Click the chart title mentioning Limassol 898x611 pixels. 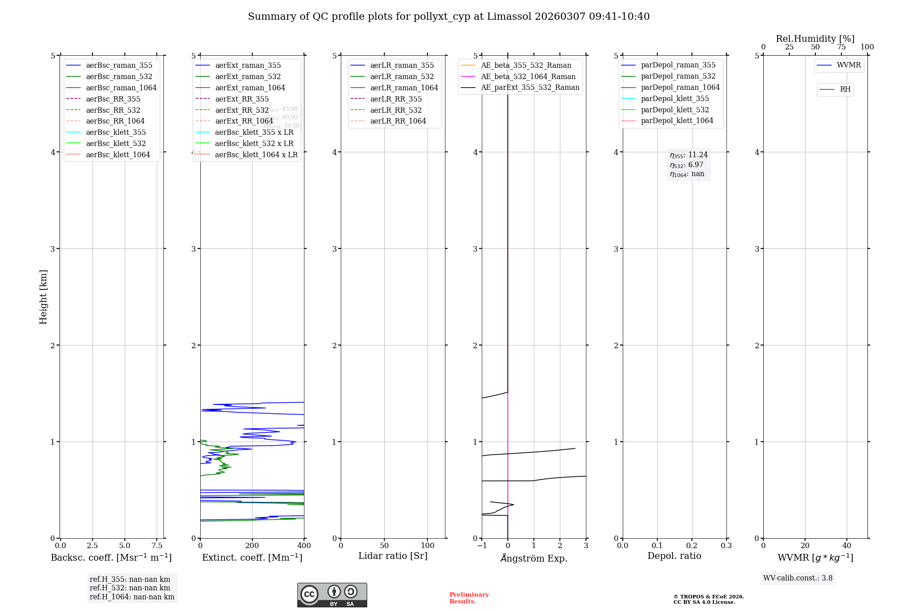pos(449,17)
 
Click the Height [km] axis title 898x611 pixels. pos(43,297)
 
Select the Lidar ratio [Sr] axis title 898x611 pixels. pos(393,556)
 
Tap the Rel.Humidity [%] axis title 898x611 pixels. pos(815,39)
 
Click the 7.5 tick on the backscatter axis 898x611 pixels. pos(157,546)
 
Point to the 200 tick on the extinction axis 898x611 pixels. pos(252,546)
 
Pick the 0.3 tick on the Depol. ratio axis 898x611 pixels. pos(726,546)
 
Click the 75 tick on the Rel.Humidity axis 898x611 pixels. pos(841,47)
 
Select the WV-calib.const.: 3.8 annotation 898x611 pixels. pos(798,578)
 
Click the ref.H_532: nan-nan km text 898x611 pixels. pos(130,588)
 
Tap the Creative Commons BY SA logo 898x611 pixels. pos(332,595)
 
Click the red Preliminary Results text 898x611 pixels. pos(469,598)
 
